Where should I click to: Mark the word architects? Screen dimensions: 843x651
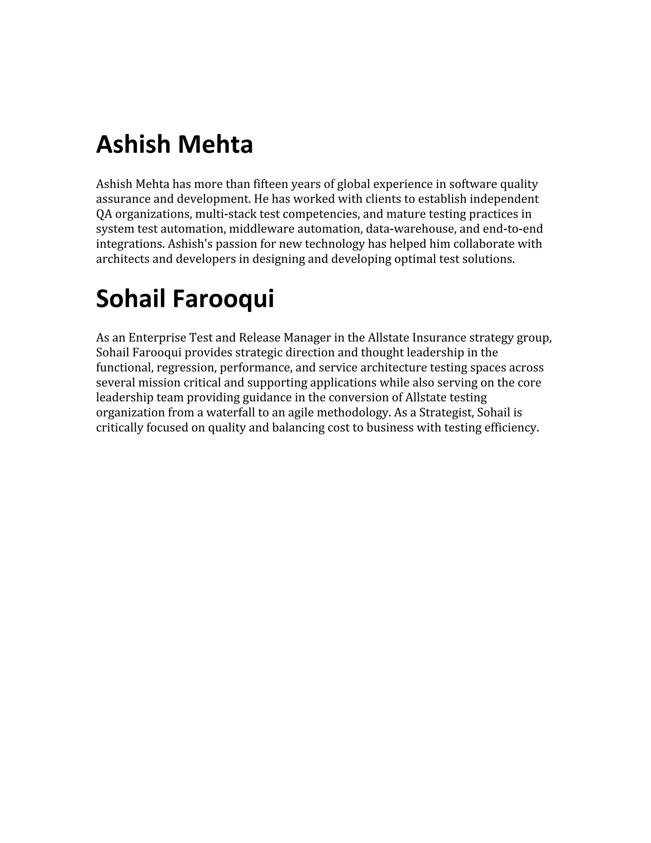point(123,259)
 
